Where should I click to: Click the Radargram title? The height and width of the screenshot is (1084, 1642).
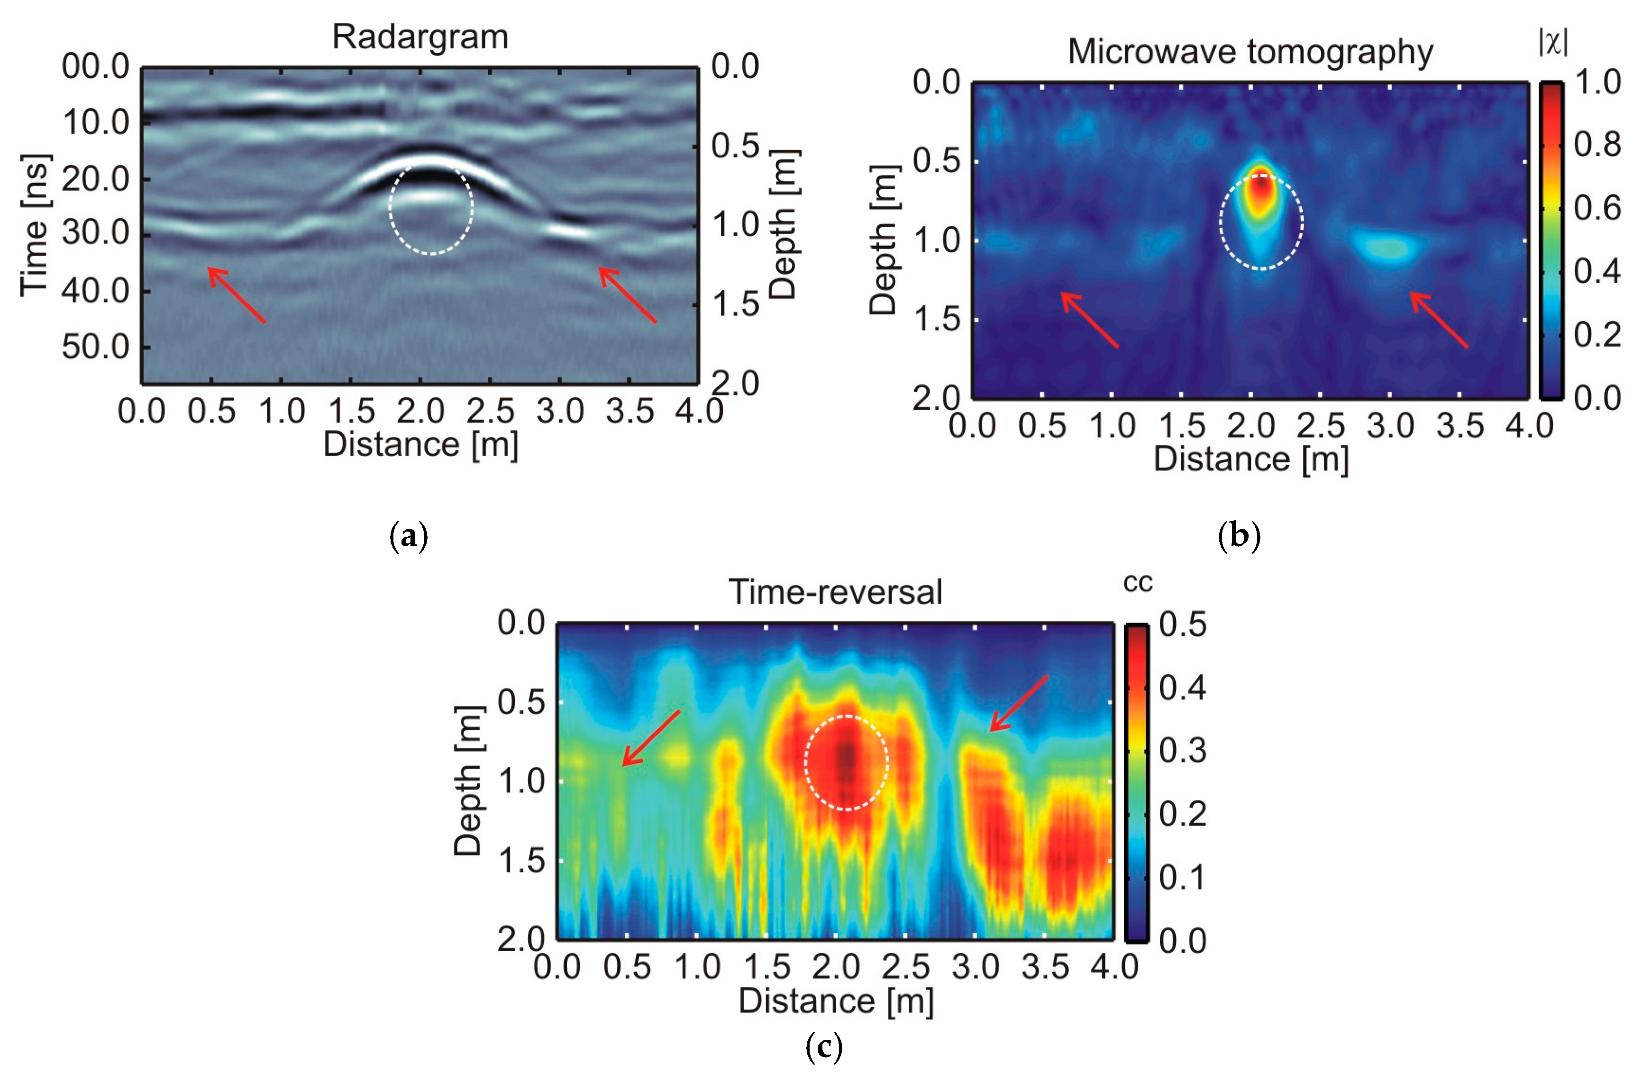(420, 37)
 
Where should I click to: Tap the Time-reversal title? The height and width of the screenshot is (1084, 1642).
(835, 592)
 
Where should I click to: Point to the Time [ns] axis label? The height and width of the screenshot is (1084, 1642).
(35, 225)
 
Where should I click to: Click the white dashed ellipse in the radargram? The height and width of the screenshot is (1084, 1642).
(431, 208)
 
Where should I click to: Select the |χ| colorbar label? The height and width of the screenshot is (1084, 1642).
(1552, 43)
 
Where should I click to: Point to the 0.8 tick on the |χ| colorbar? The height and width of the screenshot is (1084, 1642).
(1597, 145)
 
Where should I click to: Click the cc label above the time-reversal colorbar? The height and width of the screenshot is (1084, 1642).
(1138, 583)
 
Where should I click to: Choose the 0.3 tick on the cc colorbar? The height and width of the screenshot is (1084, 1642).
(1182, 751)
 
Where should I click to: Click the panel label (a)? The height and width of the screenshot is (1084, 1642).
(409, 536)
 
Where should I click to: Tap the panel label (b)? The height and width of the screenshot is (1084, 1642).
(1239, 536)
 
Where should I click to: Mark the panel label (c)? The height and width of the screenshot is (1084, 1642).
(824, 1047)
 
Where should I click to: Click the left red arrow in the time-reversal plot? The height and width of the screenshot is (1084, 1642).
(650, 738)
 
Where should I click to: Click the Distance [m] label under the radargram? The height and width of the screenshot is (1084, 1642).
(420, 444)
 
